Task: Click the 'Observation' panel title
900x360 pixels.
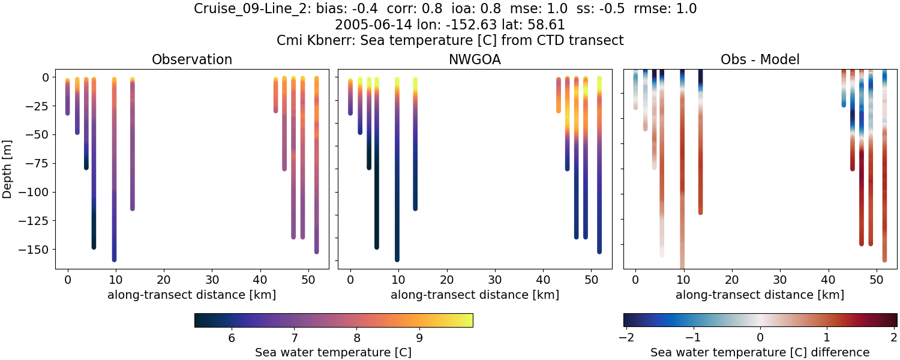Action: click(192, 59)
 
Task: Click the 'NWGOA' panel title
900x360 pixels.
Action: click(475, 59)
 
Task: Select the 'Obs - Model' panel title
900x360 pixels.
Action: click(760, 59)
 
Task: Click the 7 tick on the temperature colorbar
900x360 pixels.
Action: click(294, 338)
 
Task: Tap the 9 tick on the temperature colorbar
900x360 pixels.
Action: click(419, 338)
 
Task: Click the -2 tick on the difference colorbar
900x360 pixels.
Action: click(626, 338)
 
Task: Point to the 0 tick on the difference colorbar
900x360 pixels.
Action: click(760, 338)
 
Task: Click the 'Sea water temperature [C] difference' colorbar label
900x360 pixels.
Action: click(760, 352)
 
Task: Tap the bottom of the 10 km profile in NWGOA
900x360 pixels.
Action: click(397, 259)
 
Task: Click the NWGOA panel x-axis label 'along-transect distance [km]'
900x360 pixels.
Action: click(475, 295)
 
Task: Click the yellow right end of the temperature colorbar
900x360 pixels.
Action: click(470, 320)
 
